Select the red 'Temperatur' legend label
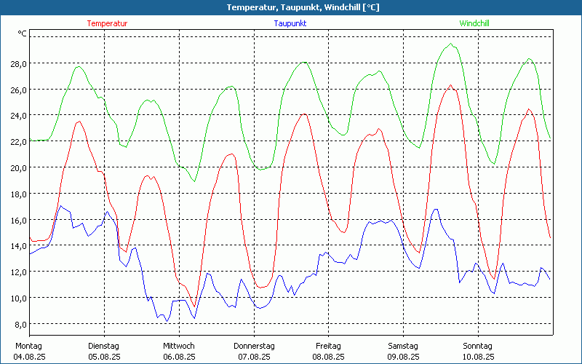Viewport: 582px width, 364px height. pyautogui.click(x=107, y=23)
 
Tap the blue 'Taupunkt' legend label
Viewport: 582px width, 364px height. pyautogui.click(x=290, y=23)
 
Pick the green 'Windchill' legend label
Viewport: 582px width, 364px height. pyautogui.click(x=474, y=23)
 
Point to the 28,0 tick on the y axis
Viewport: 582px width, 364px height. pyautogui.click(x=18, y=63)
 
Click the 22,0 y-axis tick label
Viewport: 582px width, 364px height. pyautogui.click(x=18, y=141)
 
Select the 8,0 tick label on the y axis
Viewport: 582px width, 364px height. pyautogui.click(x=20, y=324)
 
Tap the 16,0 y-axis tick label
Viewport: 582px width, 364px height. pyautogui.click(x=18, y=220)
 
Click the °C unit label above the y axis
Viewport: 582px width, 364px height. pyautogui.click(x=23, y=33)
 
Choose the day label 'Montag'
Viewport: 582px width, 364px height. pyautogui.click(x=29, y=346)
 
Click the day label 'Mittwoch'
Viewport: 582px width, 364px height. pyautogui.click(x=179, y=346)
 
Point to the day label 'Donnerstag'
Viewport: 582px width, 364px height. pyautogui.click(x=254, y=346)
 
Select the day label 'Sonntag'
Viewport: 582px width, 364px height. pyautogui.click(x=478, y=346)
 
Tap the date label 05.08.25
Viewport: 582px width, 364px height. pyautogui.click(x=104, y=357)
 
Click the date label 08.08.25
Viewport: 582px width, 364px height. pyautogui.click(x=328, y=357)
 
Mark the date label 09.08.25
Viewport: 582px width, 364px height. pyautogui.click(x=403, y=357)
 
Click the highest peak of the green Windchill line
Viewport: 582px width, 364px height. pyautogui.click(x=451, y=44)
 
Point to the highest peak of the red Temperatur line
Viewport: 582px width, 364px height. pyautogui.click(x=451, y=85)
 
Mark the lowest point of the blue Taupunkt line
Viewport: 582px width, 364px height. pyautogui.click(x=167, y=321)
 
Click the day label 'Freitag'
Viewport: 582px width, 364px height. pyautogui.click(x=328, y=346)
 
